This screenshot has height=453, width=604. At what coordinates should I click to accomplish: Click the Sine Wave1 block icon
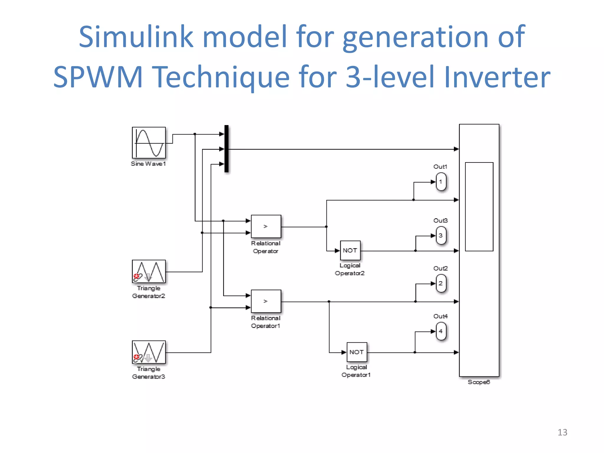[149, 143]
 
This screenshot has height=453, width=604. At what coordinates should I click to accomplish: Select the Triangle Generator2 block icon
[149, 271]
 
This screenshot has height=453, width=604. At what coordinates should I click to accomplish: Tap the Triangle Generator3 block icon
[149, 352]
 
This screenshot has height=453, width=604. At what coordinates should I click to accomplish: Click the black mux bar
[226, 149]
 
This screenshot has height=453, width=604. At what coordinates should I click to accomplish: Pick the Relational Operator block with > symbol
[266, 226]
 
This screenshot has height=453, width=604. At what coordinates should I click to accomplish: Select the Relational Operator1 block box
[266, 301]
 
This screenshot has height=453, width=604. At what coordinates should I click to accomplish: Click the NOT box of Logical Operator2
[350, 250]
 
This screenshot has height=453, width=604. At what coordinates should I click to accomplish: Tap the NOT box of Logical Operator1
[357, 352]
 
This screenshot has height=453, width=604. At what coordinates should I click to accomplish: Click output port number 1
[441, 182]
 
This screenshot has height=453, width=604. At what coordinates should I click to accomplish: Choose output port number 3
[441, 236]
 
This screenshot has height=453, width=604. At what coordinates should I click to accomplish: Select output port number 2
[441, 283]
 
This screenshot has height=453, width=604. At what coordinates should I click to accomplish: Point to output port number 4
[441, 331]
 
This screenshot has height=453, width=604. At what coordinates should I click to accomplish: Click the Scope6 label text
[479, 382]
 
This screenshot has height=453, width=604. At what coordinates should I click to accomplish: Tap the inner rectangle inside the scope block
[479, 206]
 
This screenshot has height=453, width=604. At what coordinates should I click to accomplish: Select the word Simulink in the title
[136, 37]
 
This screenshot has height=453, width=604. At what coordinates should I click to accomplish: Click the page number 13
[562, 432]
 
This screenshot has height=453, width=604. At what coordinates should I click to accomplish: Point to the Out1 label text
[440, 167]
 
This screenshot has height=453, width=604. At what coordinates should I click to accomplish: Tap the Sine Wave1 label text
[148, 164]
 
